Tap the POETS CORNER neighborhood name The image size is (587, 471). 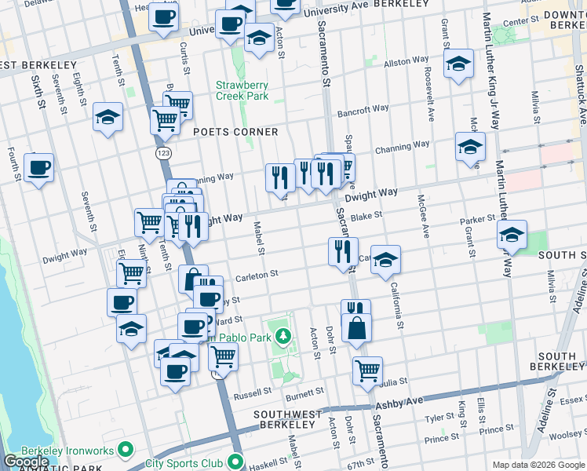pyautogui.click(x=235, y=132)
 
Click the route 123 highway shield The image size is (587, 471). pyautogui.click(x=162, y=152)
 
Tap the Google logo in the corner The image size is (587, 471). pyautogui.click(x=25, y=462)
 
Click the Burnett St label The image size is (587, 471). pyautogui.click(x=304, y=392)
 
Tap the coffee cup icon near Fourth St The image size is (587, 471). pyautogui.click(x=38, y=168)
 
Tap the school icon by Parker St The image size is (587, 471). pyautogui.click(x=512, y=235)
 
